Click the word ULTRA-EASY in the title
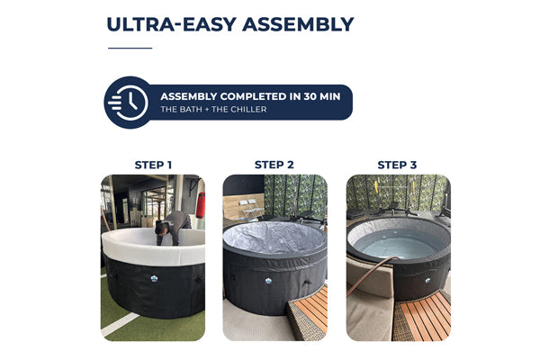click(171, 24)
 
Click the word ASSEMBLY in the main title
click(298, 24)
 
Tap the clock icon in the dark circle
click(128, 103)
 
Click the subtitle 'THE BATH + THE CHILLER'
click(213, 110)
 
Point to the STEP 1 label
click(153, 165)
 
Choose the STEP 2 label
click(274, 165)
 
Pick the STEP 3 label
click(397, 165)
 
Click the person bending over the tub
click(173, 228)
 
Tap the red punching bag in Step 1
click(201, 205)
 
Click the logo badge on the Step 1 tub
click(154, 278)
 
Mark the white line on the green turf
click(119, 325)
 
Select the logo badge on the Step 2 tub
click(268, 281)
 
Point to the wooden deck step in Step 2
click(308, 313)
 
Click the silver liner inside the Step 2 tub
click(274, 237)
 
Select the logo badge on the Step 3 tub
click(427, 281)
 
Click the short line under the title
click(130, 49)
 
